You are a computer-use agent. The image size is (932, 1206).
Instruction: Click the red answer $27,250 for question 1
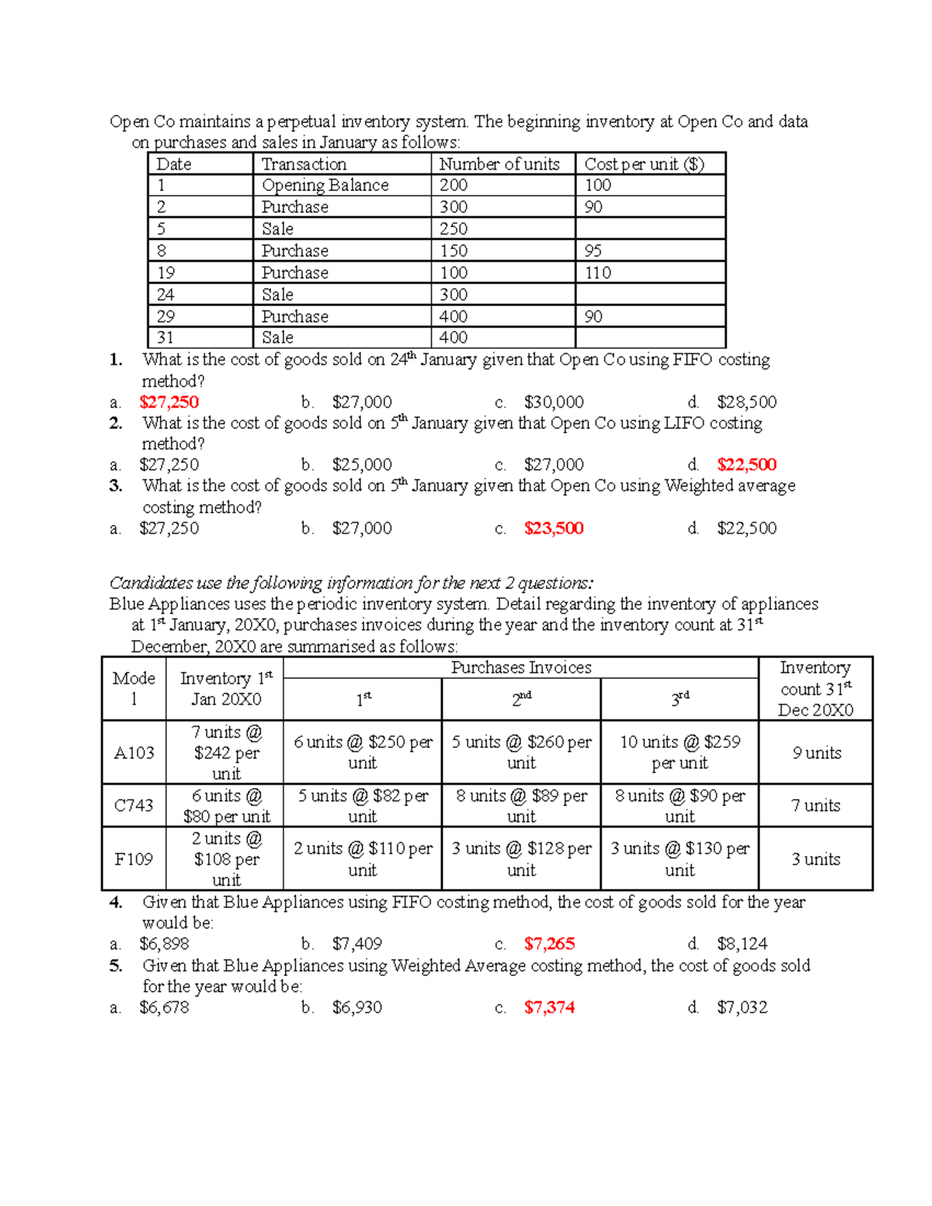[x=169, y=402]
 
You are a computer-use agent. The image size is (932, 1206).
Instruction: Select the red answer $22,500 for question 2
[x=746, y=465]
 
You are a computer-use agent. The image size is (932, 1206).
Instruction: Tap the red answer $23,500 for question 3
[x=554, y=529]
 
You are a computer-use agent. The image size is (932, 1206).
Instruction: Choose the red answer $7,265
[x=549, y=944]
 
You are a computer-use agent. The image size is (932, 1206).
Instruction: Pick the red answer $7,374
[x=549, y=1008]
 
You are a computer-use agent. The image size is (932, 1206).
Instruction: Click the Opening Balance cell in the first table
[x=325, y=186]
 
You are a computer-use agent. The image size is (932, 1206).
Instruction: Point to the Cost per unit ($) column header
[x=644, y=165]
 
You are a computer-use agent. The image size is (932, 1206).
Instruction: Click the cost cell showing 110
[x=598, y=273]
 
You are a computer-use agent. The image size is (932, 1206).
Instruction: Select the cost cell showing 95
[x=593, y=251]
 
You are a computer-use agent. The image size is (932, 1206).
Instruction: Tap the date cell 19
[x=165, y=273]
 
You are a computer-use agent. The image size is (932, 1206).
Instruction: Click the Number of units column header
[x=499, y=165]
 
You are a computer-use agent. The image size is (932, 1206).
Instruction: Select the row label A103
[x=134, y=753]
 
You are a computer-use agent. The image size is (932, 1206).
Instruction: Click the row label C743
[x=134, y=806]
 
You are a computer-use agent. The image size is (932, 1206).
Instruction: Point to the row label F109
[x=134, y=860]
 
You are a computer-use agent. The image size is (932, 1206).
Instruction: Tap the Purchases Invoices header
[x=521, y=668]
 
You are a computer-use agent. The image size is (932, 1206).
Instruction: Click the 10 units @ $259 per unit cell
[x=680, y=752]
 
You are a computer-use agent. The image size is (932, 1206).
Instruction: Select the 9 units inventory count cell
[x=816, y=753]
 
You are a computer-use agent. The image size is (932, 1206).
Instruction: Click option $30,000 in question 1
[x=554, y=402]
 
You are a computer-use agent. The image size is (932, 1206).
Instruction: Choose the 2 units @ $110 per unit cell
[x=363, y=859]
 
